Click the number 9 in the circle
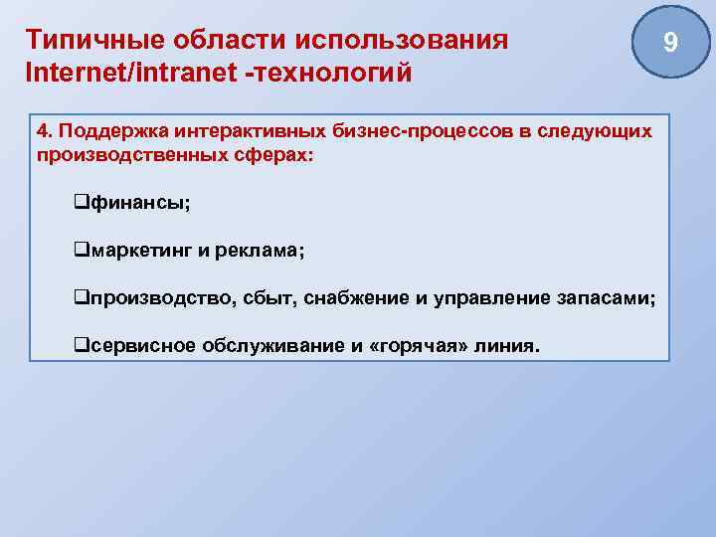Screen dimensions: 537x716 coord(670,43)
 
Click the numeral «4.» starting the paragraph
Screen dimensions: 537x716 coord(45,131)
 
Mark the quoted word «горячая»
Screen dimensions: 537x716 coord(417,347)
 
